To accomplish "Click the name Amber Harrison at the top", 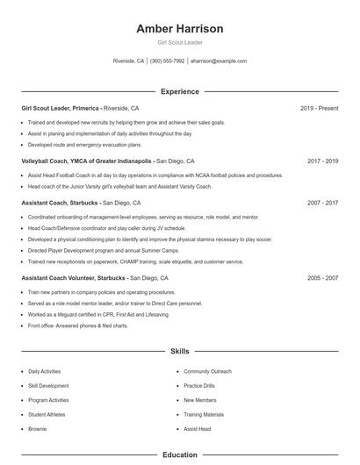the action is pyautogui.click(x=180, y=29).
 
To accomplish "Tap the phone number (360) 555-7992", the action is pyautogui.click(x=167, y=61).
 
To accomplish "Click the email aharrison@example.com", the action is pyautogui.click(x=219, y=61).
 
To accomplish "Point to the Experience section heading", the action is pyautogui.click(x=180, y=91).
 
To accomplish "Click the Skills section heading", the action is pyautogui.click(x=180, y=351).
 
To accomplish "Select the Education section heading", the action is pyautogui.click(x=180, y=455).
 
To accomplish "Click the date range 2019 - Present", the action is pyautogui.click(x=319, y=108).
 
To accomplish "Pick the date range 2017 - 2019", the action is pyautogui.click(x=322, y=161).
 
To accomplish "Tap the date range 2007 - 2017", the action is pyautogui.click(x=322, y=203).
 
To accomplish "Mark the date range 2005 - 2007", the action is pyautogui.click(x=322, y=278).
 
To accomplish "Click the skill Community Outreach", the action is pyautogui.click(x=208, y=372).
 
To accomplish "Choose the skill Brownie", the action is pyautogui.click(x=38, y=428).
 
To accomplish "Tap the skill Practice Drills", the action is pyautogui.click(x=199, y=386).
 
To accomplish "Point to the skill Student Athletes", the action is pyautogui.click(x=47, y=414).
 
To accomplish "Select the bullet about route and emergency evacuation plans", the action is pyautogui.click(x=84, y=145).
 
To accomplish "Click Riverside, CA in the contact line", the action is pyautogui.click(x=129, y=61).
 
